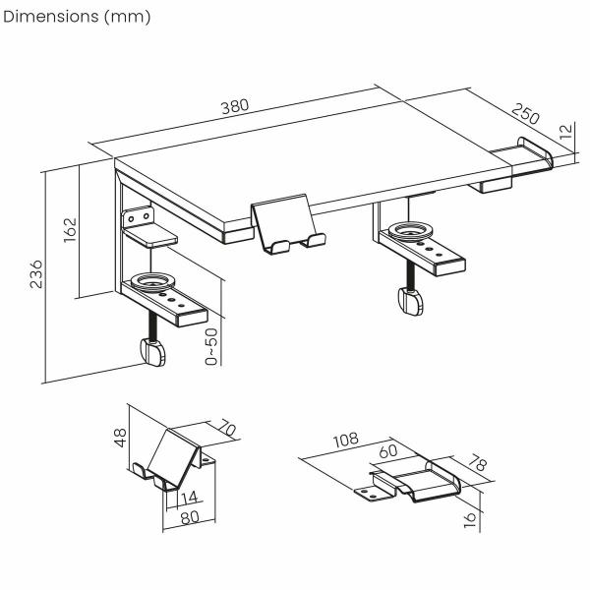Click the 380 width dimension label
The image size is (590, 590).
235,107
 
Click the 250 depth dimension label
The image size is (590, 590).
527,115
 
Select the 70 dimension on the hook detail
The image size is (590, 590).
226,432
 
